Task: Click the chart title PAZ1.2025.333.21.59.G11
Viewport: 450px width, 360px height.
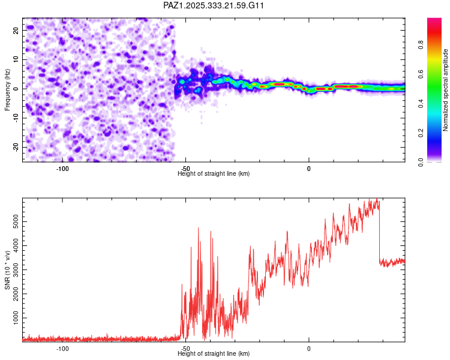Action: coord(214,5)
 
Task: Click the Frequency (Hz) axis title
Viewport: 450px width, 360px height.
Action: coord(7,89)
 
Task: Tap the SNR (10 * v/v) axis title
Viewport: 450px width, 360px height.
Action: coord(7,269)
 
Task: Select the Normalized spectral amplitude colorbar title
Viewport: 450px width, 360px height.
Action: coord(446,90)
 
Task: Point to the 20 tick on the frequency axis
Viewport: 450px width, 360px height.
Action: coord(16,29)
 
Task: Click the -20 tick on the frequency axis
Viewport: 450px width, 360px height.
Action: coord(15,147)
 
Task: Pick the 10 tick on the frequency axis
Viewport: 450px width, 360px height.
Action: coord(16,59)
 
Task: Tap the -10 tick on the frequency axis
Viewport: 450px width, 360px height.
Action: coord(15,118)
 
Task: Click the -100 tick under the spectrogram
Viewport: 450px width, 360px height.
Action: coord(62,169)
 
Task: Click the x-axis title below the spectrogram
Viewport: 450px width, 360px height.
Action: coord(214,174)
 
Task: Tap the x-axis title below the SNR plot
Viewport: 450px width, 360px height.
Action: coord(214,354)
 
